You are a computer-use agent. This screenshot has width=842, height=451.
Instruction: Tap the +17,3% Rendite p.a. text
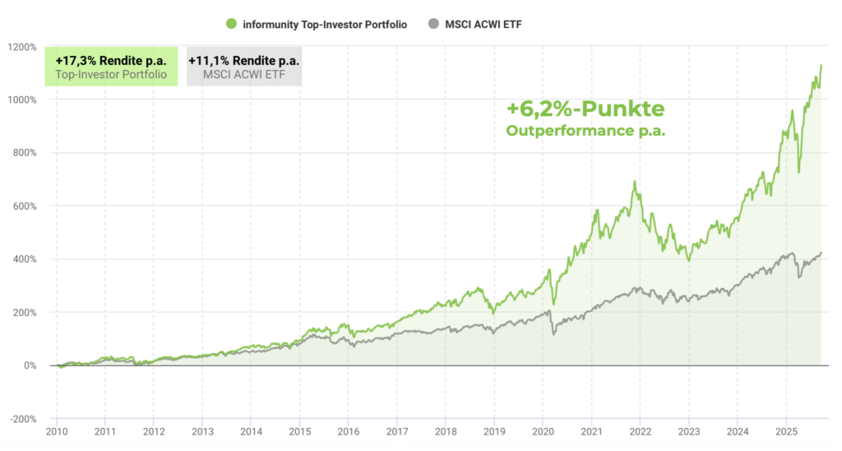coord(111,60)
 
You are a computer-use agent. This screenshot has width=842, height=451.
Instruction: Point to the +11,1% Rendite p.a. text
coord(243,60)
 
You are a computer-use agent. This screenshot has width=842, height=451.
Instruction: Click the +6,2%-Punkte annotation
coord(585,109)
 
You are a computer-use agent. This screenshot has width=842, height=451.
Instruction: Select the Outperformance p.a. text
coord(585,131)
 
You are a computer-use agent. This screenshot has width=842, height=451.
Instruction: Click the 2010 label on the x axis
coord(57,431)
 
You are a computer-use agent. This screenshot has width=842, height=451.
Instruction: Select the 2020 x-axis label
coord(543,431)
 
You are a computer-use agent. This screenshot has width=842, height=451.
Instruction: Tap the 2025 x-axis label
coord(785,431)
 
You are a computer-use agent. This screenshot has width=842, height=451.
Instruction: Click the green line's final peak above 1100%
coord(821,65)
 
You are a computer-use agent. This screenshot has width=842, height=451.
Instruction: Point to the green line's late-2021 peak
coord(636,182)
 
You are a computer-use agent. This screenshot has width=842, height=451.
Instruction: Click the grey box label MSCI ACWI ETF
coord(243,75)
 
